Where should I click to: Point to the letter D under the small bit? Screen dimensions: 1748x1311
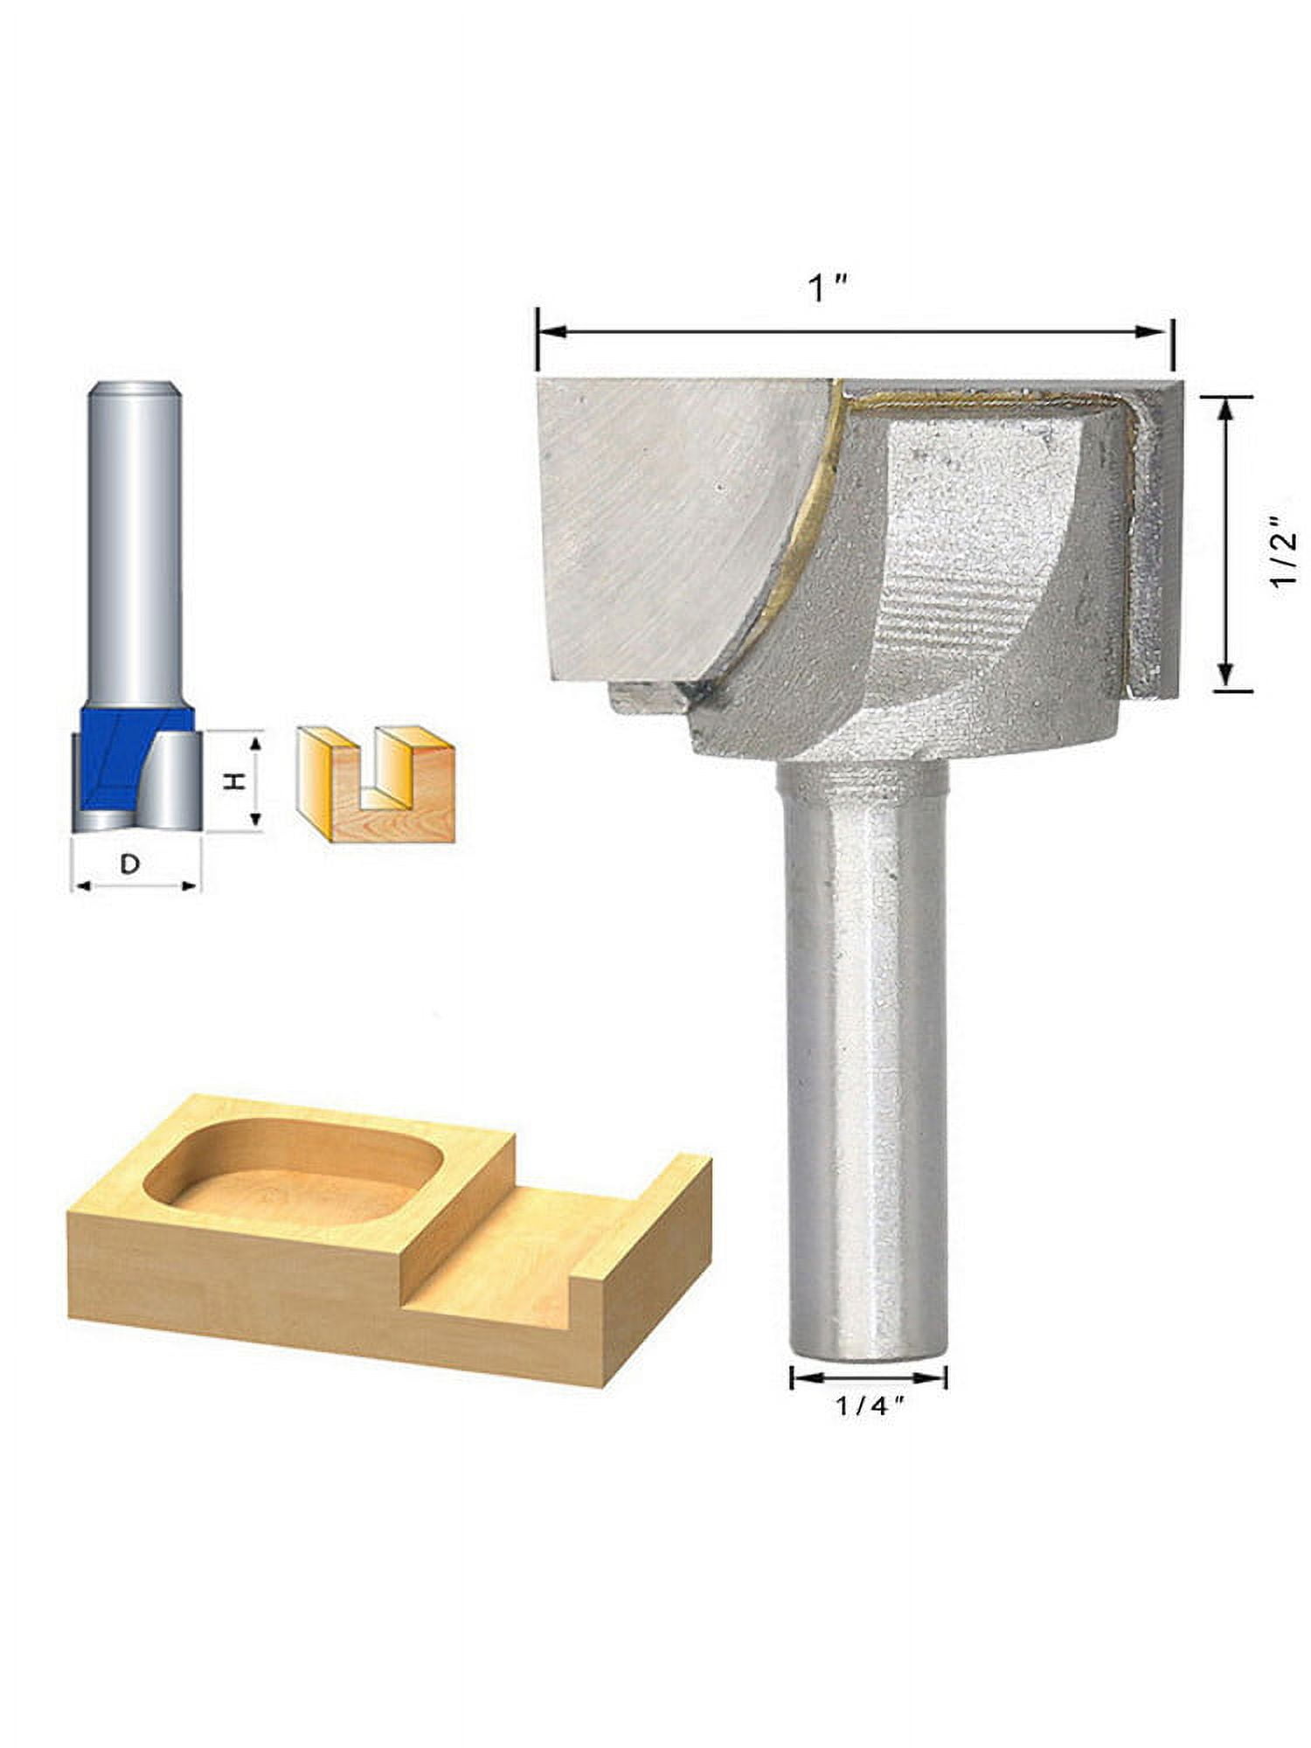click(129, 864)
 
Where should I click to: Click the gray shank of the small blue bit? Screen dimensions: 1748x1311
click(135, 542)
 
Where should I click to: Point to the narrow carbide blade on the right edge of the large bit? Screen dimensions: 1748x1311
click(1154, 542)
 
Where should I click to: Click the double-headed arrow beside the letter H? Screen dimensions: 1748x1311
click(256, 780)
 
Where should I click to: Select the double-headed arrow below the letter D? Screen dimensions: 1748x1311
click(135, 886)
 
